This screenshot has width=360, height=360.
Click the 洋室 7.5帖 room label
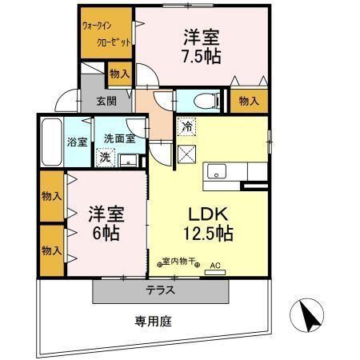(x=201, y=46)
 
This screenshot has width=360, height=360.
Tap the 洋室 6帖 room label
(x=104, y=223)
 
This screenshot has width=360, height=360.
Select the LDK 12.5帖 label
(x=209, y=223)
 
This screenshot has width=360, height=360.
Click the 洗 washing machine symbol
(x=106, y=157)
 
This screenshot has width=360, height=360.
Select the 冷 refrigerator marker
(x=186, y=127)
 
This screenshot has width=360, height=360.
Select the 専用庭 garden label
(x=152, y=321)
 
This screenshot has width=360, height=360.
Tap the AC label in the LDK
(x=214, y=265)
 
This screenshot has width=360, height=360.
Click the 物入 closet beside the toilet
(x=249, y=101)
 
